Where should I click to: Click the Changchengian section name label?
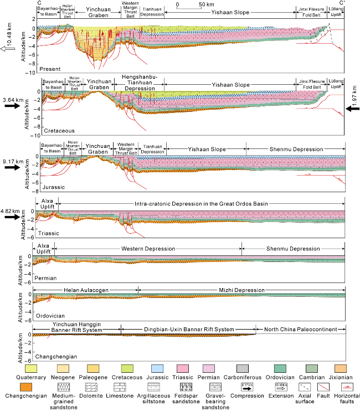tap(56, 356)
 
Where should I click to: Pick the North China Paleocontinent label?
tap(301, 330)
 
